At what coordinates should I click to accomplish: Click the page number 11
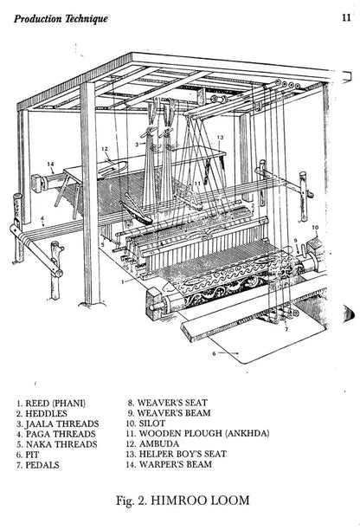tap(346, 17)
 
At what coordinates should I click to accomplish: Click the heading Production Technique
tap(61, 18)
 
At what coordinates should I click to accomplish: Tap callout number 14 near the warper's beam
tap(50, 165)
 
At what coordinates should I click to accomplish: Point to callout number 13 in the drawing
tap(220, 137)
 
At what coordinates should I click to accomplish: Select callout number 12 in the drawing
tap(105, 149)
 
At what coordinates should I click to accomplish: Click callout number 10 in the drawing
tap(315, 228)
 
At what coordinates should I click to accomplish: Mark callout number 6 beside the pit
tap(214, 353)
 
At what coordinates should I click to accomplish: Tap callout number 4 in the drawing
tap(42, 218)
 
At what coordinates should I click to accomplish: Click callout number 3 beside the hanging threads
tap(137, 145)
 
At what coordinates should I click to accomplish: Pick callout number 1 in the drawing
tap(123, 281)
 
